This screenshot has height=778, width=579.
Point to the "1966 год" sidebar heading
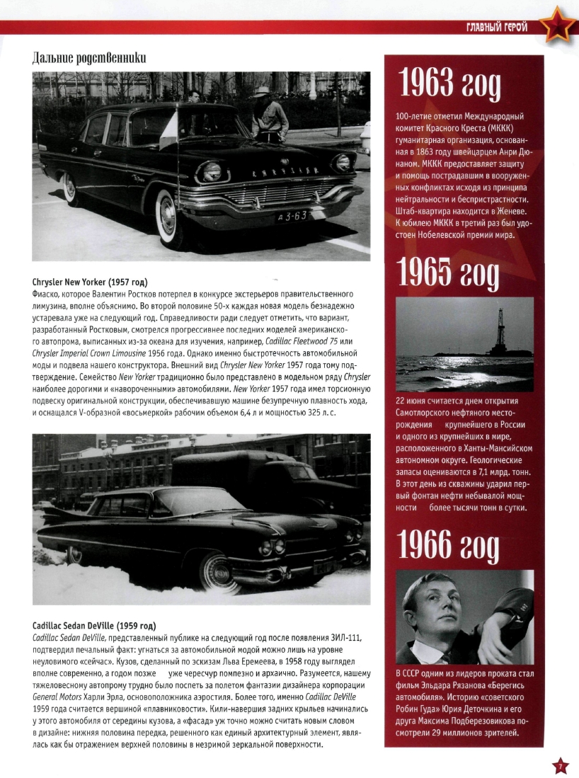449,546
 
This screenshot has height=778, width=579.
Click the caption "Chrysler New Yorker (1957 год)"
95,282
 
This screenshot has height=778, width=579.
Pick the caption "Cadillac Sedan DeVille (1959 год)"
94,626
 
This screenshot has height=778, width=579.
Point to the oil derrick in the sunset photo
499,329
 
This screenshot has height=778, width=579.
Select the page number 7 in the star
559,766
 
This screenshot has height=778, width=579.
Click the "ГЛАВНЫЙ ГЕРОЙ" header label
496,27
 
